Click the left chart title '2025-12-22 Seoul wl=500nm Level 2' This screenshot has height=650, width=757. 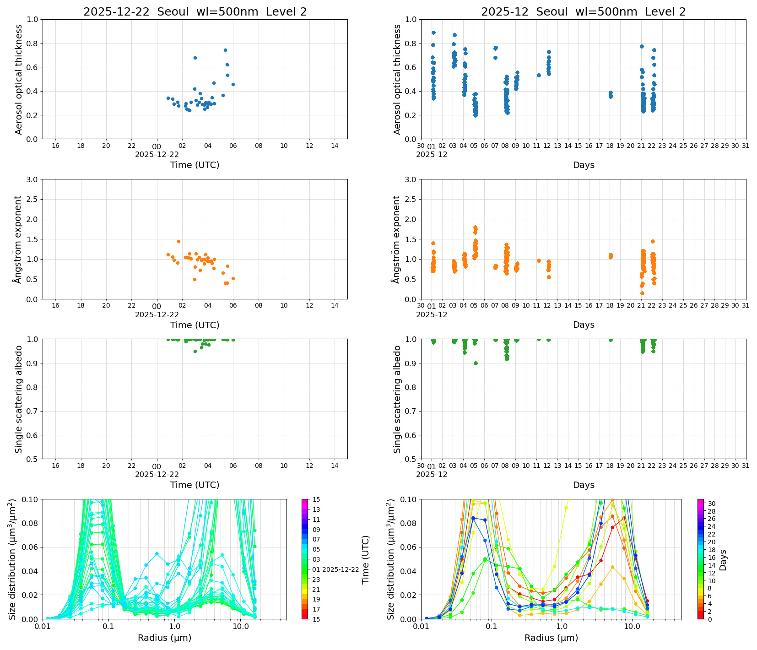[x=195, y=12]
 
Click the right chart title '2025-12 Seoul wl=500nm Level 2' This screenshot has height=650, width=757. [x=583, y=12]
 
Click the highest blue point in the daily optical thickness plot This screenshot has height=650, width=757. [x=225, y=50]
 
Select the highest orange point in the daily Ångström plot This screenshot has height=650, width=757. [x=178, y=241]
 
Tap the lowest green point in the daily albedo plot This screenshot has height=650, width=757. [x=195, y=351]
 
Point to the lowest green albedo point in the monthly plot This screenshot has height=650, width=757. [x=476, y=363]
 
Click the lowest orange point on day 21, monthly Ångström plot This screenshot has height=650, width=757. [x=642, y=293]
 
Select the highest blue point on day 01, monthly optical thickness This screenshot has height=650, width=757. [x=433, y=32]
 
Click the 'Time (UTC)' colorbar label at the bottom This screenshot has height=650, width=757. [x=365, y=559]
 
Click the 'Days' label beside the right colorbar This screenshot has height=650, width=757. [x=723, y=559]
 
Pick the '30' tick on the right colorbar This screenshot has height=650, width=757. [x=712, y=504]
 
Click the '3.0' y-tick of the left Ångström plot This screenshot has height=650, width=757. [x=32, y=179]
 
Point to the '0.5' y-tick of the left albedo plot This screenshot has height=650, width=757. [x=32, y=459]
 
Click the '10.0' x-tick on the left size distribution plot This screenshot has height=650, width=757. [x=240, y=626]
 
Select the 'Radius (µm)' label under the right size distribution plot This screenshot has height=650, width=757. [x=551, y=638]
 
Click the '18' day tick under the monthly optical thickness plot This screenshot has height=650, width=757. [x=610, y=146]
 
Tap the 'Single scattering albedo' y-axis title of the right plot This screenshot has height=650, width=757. [x=397, y=399]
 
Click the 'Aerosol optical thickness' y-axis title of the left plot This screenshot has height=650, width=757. [x=19, y=79]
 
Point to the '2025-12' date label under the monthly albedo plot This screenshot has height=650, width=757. [x=432, y=475]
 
